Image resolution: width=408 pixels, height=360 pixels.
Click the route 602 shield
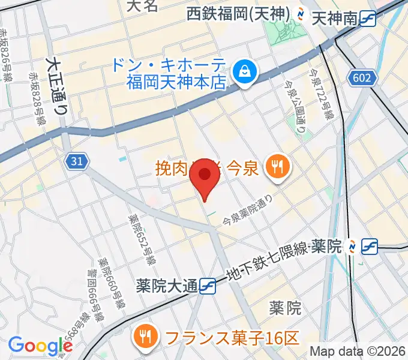[363, 77]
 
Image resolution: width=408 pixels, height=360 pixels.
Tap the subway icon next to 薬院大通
[208, 285]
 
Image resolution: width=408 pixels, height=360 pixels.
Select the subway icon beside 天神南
[368, 20]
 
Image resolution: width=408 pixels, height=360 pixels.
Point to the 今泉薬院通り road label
[248, 210]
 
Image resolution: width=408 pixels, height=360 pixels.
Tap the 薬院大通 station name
[167, 285]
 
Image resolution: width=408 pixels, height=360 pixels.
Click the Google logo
[40, 346]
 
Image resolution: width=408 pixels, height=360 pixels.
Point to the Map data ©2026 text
[358, 351]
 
